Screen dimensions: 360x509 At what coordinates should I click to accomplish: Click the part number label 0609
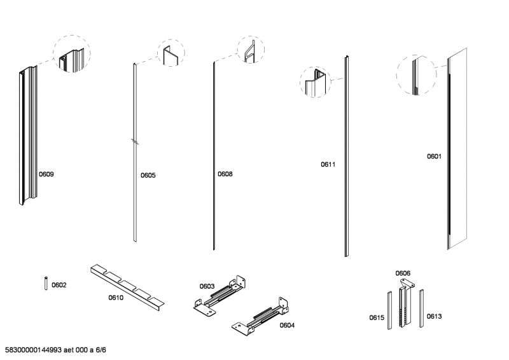point(46,174)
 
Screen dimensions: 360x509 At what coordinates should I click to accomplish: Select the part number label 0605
point(148,175)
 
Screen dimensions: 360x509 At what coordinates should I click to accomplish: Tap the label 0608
point(225,174)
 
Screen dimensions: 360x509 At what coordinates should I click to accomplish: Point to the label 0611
point(328,164)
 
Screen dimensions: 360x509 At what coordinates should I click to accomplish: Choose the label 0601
point(434,156)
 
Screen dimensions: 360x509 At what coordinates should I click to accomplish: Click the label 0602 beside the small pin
point(59,285)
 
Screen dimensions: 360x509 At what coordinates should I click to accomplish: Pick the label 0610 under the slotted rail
point(116,297)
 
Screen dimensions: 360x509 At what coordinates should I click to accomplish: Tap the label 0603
point(207,286)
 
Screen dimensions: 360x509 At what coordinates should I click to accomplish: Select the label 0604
point(287,324)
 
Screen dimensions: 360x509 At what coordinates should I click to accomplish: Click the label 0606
point(403,273)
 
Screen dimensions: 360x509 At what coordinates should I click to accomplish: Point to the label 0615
point(377,317)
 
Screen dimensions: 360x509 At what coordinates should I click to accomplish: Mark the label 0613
point(434,316)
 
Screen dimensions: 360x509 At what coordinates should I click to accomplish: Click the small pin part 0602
point(46,283)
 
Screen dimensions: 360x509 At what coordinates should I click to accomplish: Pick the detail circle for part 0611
point(317,81)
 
